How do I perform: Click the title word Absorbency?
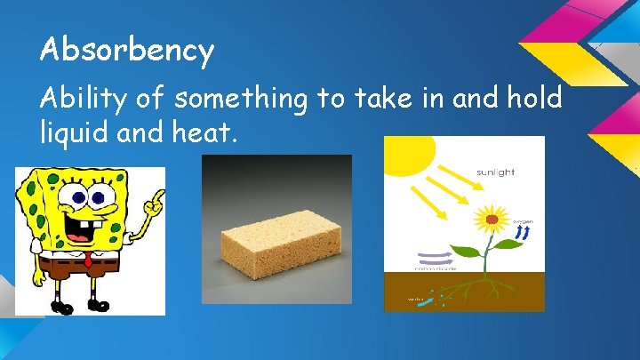[126, 52]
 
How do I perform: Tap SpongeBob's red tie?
[88, 263]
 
